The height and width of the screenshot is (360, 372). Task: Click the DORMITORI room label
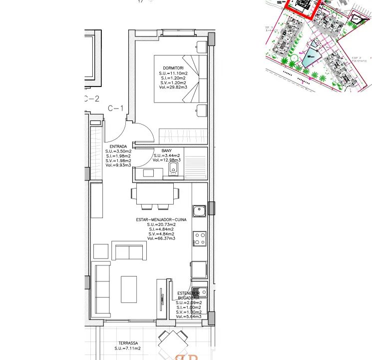click(173, 67)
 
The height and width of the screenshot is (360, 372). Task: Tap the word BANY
click(167, 150)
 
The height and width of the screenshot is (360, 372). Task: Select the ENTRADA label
click(118, 146)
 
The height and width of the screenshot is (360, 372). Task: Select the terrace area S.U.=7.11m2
click(127, 348)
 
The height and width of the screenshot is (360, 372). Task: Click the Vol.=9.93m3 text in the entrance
click(118, 164)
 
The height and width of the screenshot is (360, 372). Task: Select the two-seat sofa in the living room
click(129, 251)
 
